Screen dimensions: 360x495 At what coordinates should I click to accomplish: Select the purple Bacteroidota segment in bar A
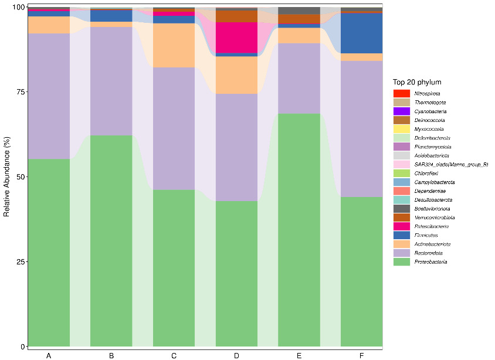point(49,96)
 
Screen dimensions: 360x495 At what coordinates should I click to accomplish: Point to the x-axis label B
point(111,355)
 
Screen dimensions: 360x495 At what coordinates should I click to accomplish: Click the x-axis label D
point(236,355)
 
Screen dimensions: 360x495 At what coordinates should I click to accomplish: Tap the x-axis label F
point(362,355)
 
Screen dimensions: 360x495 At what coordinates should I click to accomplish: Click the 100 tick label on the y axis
point(17,7)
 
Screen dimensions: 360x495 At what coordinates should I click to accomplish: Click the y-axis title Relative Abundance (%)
point(7,176)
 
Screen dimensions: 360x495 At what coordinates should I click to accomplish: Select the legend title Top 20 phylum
point(417,82)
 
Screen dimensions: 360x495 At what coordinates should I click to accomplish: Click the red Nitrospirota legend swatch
point(402,94)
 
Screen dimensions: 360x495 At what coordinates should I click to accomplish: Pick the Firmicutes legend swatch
point(402,235)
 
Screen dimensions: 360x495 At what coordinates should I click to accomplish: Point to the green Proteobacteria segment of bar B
point(111,240)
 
